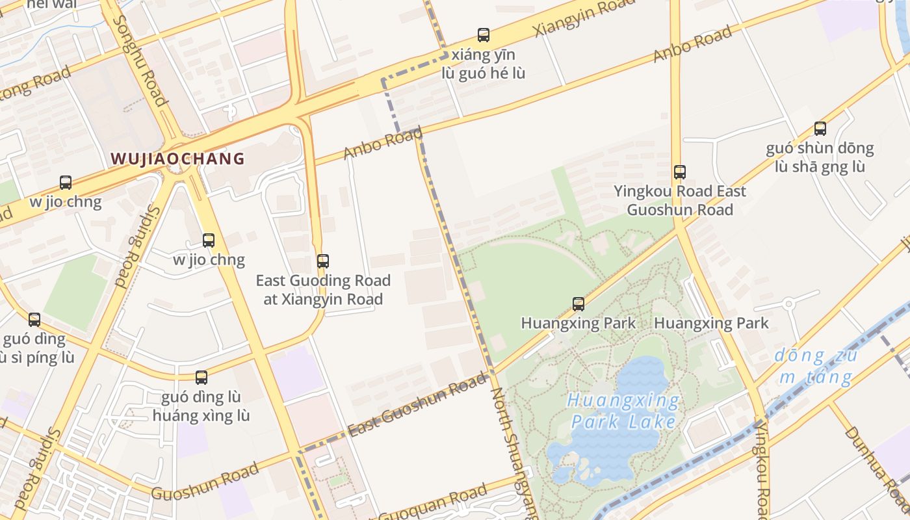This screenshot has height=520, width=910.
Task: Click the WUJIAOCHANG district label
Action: [x=177, y=159]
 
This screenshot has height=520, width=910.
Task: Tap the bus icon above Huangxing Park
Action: [x=578, y=304]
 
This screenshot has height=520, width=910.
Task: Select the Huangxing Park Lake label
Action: [x=623, y=411]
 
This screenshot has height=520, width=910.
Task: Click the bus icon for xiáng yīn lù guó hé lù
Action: [x=483, y=35]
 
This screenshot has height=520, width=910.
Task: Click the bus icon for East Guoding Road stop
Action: [x=322, y=261]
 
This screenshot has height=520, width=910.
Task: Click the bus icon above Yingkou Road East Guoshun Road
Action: [x=679, y=172]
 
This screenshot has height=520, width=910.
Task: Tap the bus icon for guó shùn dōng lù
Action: [x=820, y=129]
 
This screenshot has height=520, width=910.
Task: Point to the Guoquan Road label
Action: [x=432, y=504]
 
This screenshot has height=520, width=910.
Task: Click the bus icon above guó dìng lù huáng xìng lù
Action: [x=201, y=378]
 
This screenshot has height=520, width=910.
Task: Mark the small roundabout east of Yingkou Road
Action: [x=788, y=304]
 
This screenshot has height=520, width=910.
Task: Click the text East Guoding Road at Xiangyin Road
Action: [x=322, y=290]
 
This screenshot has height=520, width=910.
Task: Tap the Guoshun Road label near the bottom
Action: [x=205, y=482]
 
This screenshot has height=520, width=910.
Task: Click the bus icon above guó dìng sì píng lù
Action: [x=34, y=320]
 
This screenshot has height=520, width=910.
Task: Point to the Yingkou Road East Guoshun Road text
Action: [x=679, y=200]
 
